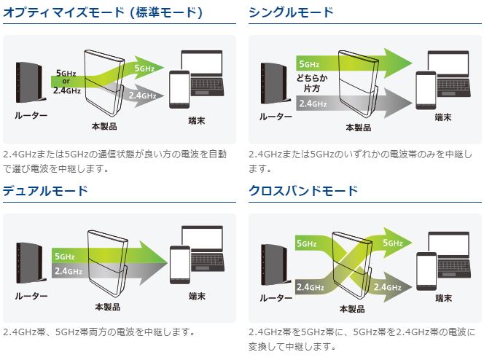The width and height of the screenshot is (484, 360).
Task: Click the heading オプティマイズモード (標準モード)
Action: click(103, 13)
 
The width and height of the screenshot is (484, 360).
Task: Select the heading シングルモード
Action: click(291, 13)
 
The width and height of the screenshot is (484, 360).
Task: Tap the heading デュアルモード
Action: click(45, 191)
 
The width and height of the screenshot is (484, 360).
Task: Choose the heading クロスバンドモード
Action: click(303, 191)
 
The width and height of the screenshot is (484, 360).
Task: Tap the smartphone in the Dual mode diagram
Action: click(178, 260)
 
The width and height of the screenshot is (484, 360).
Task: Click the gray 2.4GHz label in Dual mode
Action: click(65, 271)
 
